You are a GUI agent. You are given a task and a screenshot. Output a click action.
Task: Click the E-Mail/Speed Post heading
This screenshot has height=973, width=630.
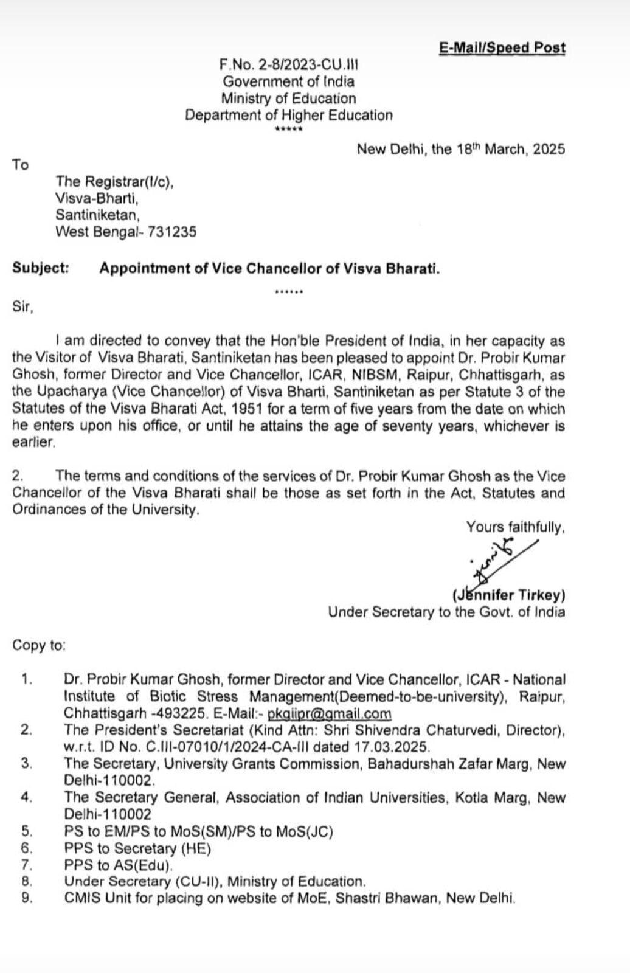coord(502,48)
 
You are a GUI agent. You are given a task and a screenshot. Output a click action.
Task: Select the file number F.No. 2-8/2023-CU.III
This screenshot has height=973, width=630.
coord(289,64)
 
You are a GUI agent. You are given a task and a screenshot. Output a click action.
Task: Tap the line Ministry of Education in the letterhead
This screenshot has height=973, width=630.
coord(288,99)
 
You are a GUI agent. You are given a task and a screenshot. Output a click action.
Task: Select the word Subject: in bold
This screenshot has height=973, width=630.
coord(41,268)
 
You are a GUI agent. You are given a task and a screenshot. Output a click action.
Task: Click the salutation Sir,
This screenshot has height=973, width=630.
coord(23,307)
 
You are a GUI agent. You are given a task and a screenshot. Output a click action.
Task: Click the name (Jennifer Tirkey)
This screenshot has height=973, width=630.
coord(508,595)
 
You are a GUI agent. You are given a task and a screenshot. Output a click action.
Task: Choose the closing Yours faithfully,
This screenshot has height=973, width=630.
coord(515,527)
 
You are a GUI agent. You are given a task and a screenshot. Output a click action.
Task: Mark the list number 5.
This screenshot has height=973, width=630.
coord(26,831)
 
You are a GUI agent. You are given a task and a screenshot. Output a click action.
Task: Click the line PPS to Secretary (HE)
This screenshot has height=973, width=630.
coord(137,848)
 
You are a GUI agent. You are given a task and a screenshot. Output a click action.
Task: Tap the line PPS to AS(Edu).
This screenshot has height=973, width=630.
coord(119,865)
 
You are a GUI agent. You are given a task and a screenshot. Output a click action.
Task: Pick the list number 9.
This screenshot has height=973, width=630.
coord(26,898)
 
